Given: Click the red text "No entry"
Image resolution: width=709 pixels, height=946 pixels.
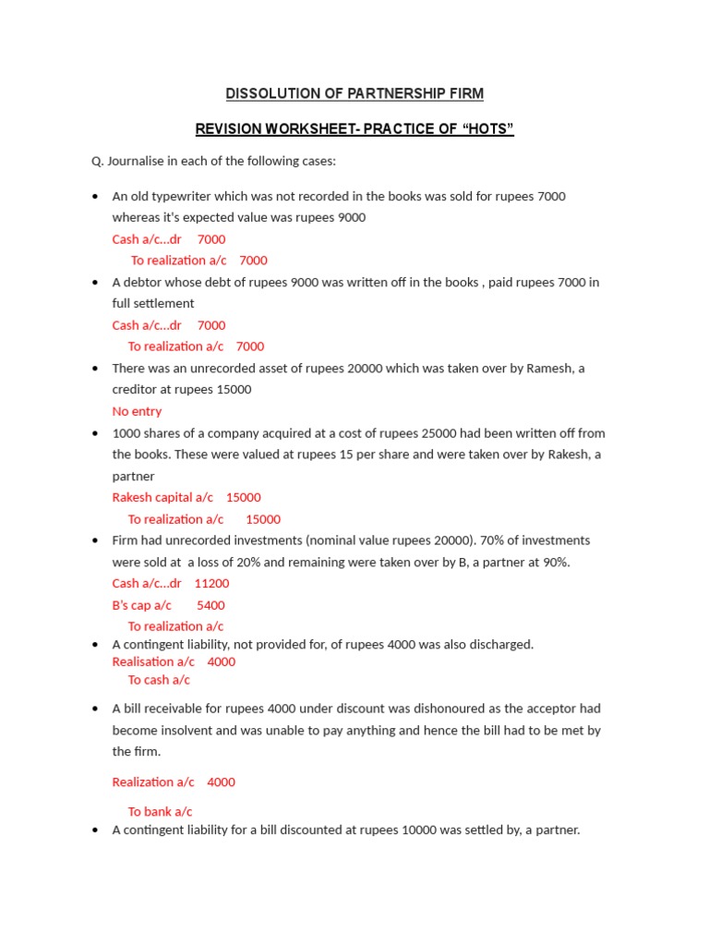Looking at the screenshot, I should click(x=137, y=411).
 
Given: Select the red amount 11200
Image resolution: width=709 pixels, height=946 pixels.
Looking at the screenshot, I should click(x=211, y=583).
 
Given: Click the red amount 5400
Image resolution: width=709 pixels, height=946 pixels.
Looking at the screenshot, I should click(x=210, y=605).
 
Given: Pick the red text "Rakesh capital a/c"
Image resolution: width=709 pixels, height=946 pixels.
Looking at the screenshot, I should click(x=162, y=497).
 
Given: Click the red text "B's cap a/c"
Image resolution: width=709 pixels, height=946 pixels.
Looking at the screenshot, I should click(x=141, y=605).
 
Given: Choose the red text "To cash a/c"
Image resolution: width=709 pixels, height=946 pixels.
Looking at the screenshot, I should click(x=159, y=680).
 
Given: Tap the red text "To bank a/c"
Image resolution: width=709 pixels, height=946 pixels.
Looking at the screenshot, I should click(x=160, y=811).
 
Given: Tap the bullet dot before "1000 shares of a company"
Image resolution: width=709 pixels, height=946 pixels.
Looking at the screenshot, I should click(x=96, y=432).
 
